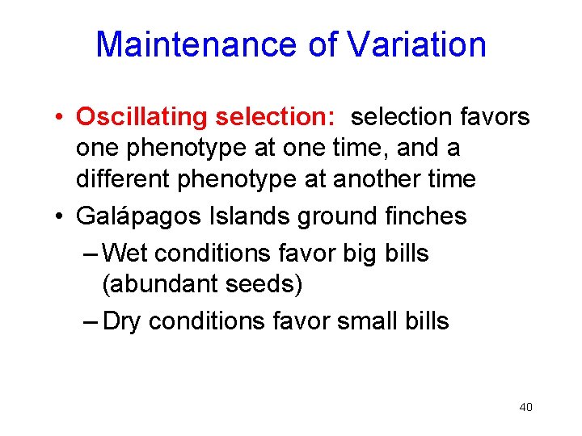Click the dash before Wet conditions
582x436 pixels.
click(x=91, y=254)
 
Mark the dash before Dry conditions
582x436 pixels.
click(x=91, y=321)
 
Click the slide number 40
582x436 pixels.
click(x=525, y=407)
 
